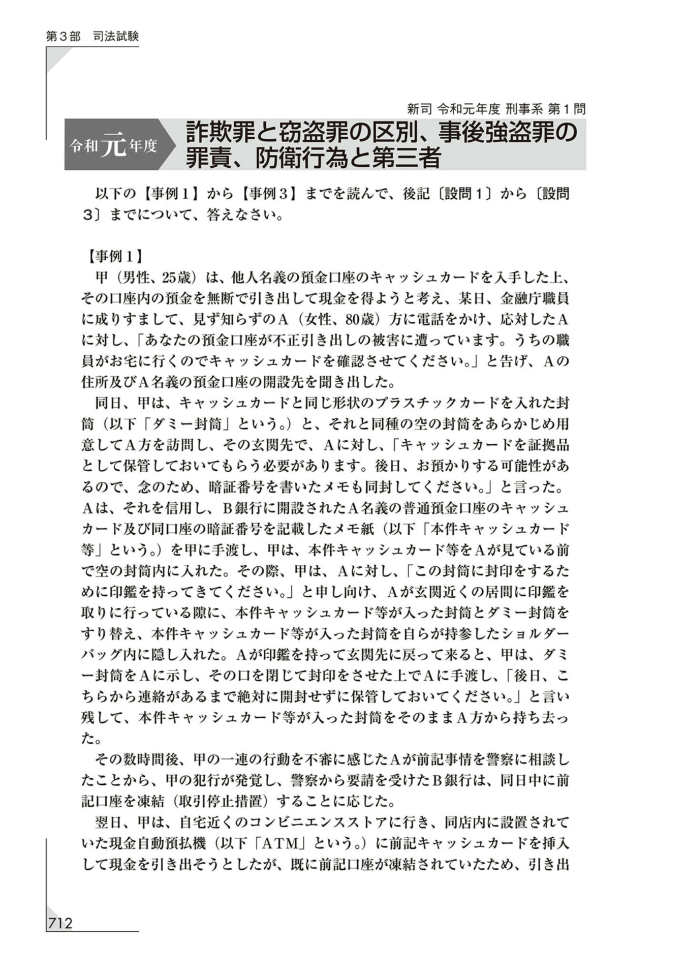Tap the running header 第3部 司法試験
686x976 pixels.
(x=92, y=37)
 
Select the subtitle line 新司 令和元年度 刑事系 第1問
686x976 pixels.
(x=496, y=109)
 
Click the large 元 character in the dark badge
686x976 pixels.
(x=113, y=145)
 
